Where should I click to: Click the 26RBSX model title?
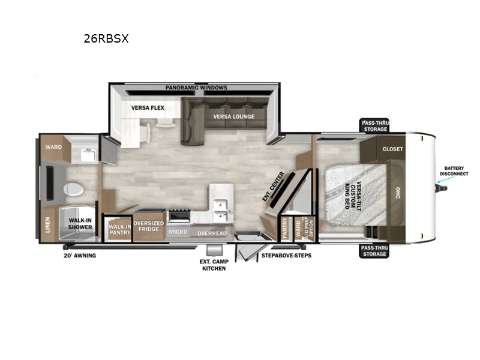click(106, 39)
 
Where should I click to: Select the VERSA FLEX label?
click(148, 108)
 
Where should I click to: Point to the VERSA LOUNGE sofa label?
click(234, 116)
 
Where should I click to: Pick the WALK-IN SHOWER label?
click(80, 224)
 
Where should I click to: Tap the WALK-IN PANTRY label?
click(119, 229)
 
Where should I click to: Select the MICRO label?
click(178, 232)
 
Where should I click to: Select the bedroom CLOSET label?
click(393, 149)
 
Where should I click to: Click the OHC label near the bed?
click(397, 193)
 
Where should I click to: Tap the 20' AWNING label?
click(80, 255)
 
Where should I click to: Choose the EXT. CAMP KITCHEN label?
click(213, 264)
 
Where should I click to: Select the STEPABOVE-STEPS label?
click(286, 255)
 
